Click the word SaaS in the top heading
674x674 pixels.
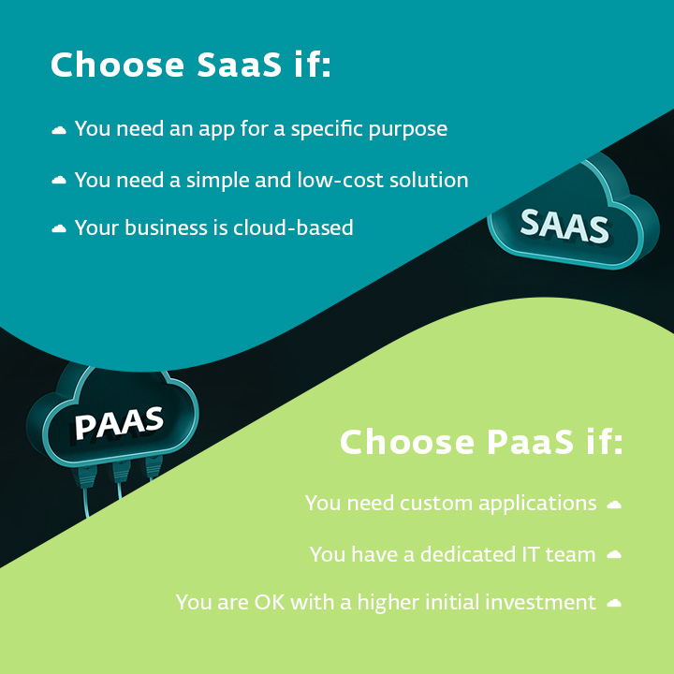pyautogui.click(x=239, y=65)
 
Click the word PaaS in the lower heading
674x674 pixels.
pyautogui.click(x=530, y=442)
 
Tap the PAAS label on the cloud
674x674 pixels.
pyautogui.click(x=119, y=423)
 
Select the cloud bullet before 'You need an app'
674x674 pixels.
pyautogui.click(x=59, y=129)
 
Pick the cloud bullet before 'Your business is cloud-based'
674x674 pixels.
pyautogui.click(x=59, y=228)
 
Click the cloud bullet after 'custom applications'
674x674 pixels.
pyautogui.click(x=614, y=504)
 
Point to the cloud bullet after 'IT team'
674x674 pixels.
pyautogui.click(x=614, y=554)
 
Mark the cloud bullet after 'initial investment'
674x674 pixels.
pyautogui.click(x=614, y=603)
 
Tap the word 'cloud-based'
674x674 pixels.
pyautogui.click(x=293, y=227)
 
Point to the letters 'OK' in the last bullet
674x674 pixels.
pyautogui.click(x=270, y=602)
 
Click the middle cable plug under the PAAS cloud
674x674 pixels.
pyautogui.click(x=121, y=472)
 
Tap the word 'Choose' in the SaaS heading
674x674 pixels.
pyautogui.click(x=117, y=65)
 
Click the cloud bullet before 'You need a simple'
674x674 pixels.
pyautogui.click(x=59, y=180)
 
